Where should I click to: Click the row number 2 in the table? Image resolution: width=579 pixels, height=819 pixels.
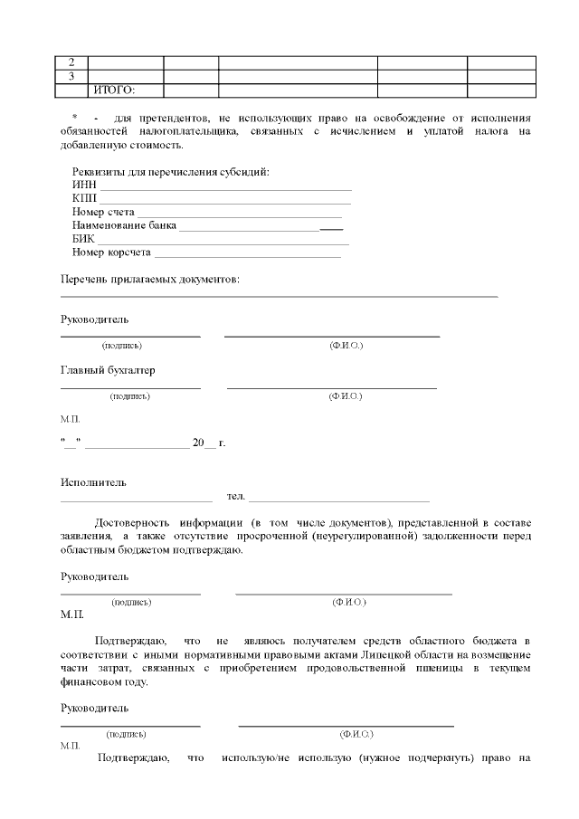click(x=71, y=62)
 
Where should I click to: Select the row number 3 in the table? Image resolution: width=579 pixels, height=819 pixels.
click(x=71, y=76)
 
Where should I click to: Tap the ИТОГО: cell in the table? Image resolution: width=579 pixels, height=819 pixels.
click(x=114, y=90)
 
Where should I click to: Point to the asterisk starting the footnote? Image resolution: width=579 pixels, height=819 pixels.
click(x=74, y=119)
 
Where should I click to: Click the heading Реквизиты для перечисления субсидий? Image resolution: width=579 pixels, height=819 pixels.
click(x=171, y=173)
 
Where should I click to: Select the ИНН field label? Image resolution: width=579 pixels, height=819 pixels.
click(x=84, y=186)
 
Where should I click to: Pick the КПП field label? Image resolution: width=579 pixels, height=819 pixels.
click(x=84, y=198)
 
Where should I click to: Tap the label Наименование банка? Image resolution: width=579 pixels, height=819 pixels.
click(x=124, y=225)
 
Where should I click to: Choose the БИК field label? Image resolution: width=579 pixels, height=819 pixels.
click(x=83, y=239)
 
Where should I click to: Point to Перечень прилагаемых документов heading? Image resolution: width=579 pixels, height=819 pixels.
click(x=150, y=280)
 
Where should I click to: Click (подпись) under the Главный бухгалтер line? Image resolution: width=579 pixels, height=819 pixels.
click(x=129, y=396)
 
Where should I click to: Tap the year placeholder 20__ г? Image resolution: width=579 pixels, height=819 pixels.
click(x=208, y=443)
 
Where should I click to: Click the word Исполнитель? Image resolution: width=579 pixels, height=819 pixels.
click(x=93, y=481)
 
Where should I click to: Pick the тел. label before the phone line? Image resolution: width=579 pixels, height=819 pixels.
click(x=236, y=496)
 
